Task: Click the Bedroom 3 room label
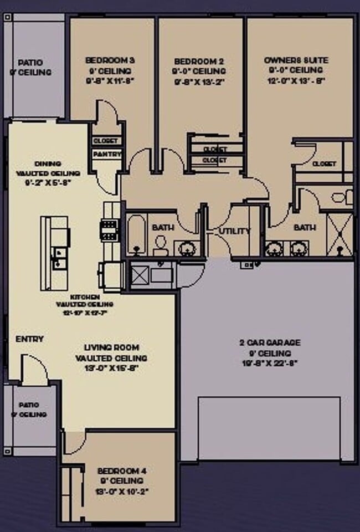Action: point(110,60)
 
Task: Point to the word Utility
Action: point(234,231)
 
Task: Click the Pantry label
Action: point(107,154)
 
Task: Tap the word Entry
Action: point(29,339)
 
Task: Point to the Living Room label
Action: point(111,347)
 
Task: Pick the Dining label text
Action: point(48,163)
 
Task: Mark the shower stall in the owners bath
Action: point(339,234)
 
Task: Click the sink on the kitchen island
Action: point(58,258)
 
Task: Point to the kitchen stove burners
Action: point(109,228)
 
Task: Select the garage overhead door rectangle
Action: point(269,428)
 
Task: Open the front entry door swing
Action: point(34,370)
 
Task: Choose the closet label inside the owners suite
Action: point(323,164)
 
